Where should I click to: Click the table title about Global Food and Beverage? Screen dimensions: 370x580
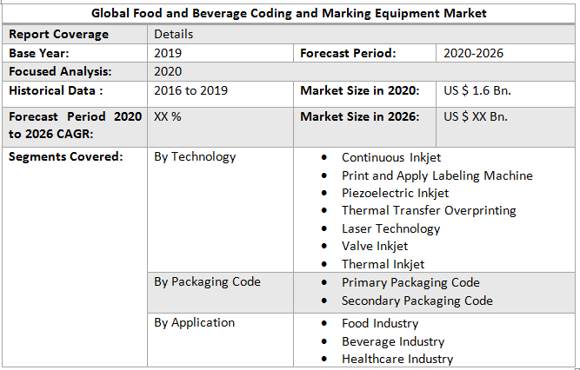click(x=290, y=14)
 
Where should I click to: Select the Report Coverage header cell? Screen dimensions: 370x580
click(x=59, y=34)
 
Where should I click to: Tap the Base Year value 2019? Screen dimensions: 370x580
click(x=168, y=53)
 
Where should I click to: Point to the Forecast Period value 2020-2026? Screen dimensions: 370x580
click(x=473, y=53)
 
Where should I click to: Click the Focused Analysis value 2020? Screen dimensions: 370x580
click(x=168, y=71)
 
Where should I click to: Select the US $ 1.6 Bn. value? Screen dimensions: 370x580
click(x=476, y=90)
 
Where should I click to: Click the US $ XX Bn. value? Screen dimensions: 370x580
click(x=476, y=116)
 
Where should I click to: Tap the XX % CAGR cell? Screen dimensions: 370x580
click(x=168, y=116)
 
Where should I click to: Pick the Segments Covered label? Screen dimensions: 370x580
click(x=65, y=157)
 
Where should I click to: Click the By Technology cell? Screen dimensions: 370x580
click(x=195, y=157)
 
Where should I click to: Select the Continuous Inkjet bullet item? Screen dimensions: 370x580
click(x=390, y=157)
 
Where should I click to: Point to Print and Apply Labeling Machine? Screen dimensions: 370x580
click(x=437, y=175)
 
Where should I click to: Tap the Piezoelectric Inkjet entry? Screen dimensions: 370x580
click(x=395, y=193)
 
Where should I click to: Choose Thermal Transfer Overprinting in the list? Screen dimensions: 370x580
click(x=429, y=210)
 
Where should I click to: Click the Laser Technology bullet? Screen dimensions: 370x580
click(x=390, y=228)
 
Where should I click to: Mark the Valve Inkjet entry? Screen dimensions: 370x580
click(x=375, y=246)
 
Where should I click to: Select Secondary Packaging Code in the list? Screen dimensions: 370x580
click(x=417, y=301)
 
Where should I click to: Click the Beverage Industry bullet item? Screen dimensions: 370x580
click(x=393, y=341)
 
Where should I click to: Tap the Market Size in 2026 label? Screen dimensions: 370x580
click(x=360, y=116)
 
